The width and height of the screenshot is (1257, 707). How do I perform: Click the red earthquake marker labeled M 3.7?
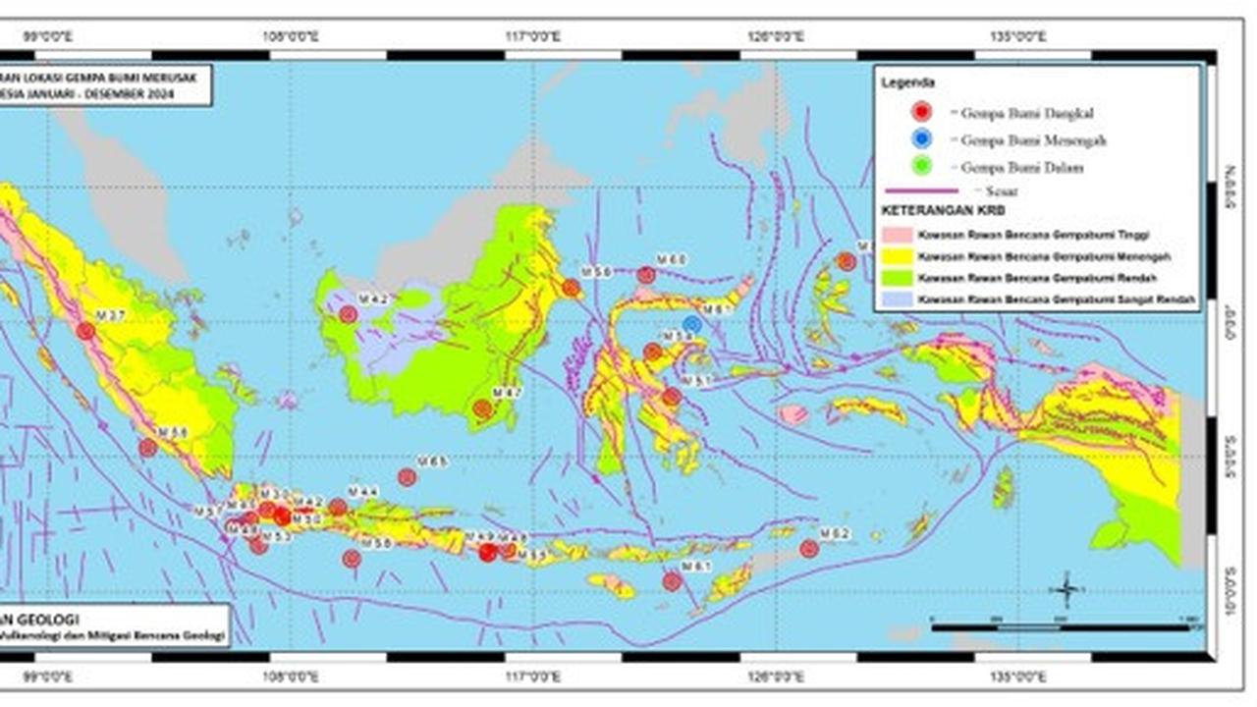click(85, 331)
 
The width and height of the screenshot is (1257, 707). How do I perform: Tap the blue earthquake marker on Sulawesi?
click(691, 323)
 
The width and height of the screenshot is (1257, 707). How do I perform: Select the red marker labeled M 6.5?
click(407, 477)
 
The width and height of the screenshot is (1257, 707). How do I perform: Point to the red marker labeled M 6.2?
click(809, 549)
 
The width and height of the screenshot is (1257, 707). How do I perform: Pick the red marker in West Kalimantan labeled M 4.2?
click(348, 314)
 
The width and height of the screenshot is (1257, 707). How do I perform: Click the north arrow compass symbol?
click(1066, 589)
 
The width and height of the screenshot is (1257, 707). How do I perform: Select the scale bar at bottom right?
click(1065, 626)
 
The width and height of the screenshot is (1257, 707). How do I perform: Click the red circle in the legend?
click(920, 112)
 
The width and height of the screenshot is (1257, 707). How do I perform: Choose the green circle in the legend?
click(920, 167)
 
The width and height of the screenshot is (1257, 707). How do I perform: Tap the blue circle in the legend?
click(920, 139)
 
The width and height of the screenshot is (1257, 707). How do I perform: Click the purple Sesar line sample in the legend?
click(920, 190)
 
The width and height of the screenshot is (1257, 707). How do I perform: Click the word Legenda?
click(907, 82)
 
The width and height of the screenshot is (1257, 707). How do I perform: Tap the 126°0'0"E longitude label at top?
click(775, 37)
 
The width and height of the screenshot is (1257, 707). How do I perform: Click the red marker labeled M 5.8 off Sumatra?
click(147, 448)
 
